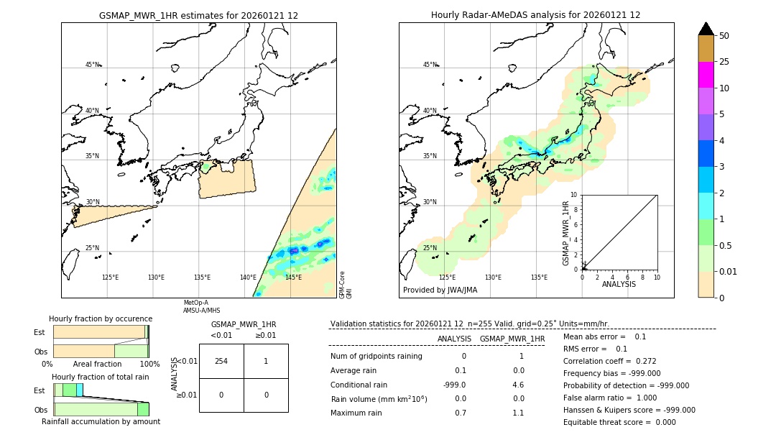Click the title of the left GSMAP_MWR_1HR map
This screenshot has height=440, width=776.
pyautogui.click(x=198, y=15)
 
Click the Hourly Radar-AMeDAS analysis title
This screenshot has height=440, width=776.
pyautogui.click(x=535, y=15)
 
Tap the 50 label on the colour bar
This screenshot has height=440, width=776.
pyautogui.click(x=724, y=36)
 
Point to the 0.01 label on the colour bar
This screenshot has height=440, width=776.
pyautogui.click(x=729, y=272)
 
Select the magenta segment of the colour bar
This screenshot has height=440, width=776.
pyautogui.click(x=706, y=75)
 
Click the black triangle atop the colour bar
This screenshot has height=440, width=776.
pyautogui.click(x=706, y=29)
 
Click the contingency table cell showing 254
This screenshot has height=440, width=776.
pyautogui.click(x=221, y=361)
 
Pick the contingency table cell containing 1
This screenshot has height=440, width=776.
pyautogui.click(x=266, y=361)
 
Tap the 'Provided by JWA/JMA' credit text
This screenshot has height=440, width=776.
pyautogui.click(x=440, y=290)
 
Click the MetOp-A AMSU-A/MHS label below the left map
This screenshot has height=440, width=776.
pyautogui.click(x=196, y=306)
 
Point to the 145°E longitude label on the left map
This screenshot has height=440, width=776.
pyautogui.click(x=293, y=278)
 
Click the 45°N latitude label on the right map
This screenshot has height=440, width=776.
pyautogui.click(x=430, y=65)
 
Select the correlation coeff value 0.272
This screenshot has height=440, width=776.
pyautogui.click(x=641, y=362)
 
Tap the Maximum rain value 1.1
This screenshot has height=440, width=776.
pyautogui.click(x=517, y=413)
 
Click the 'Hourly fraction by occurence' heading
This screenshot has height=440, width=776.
pyautogui.click(x=101, y=319)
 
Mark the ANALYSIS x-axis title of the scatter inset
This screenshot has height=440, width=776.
pyautogui.click(x=619, y=284)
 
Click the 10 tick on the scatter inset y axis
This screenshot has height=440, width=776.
pyautogui.click(x=574, y=195)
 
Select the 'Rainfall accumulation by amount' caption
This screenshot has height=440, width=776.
pyautogui.click(x=101, y=421)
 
